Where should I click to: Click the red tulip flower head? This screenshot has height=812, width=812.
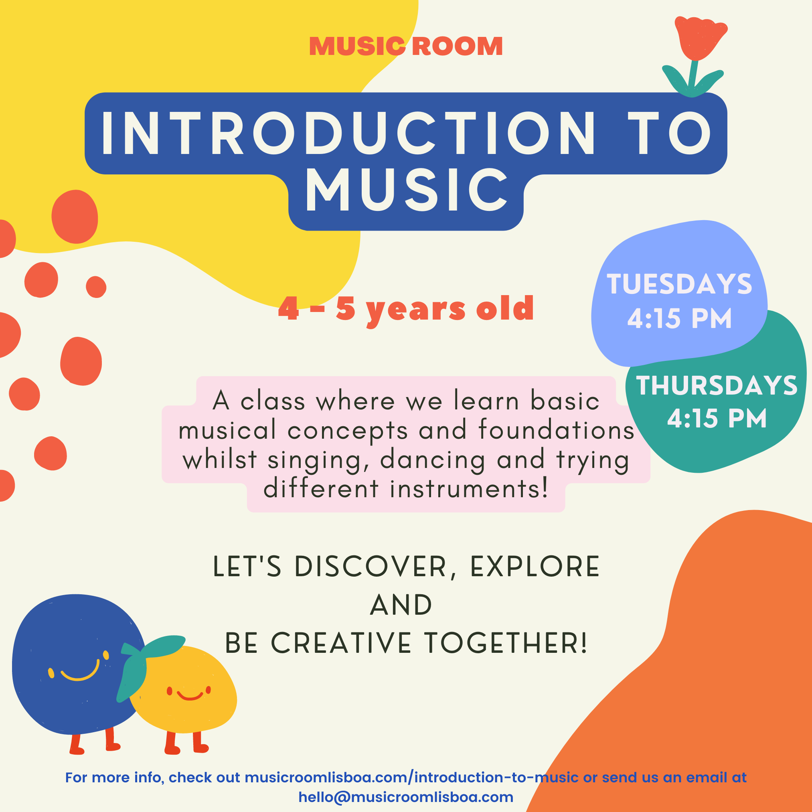[x=700, y=38]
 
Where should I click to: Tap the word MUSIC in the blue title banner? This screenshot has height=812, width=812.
[x=407, y=190]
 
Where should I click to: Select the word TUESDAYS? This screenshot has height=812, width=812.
[x=679, y=284]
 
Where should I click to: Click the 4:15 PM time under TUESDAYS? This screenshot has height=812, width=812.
[x=679, y=318]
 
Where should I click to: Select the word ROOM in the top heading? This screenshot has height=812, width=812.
[x=457, y=46]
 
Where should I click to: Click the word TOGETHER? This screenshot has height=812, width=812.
[x=506, y=643]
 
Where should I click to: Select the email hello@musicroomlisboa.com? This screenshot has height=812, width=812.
[x=406, y=797]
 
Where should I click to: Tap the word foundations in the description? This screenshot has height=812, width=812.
[x=556, y=430]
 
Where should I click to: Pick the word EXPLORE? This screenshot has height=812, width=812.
[x=535, y=567]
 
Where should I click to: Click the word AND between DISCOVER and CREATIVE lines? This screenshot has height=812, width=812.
[x=401, y=605]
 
